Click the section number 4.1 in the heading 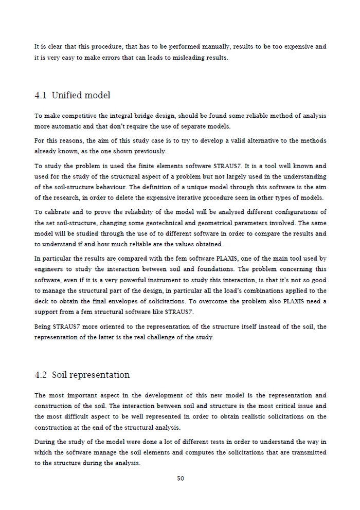coord(41,96)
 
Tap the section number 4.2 coord(41,375)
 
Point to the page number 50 coord(180,478)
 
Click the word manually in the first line coord(217,47)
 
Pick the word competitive coord(75,116)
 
